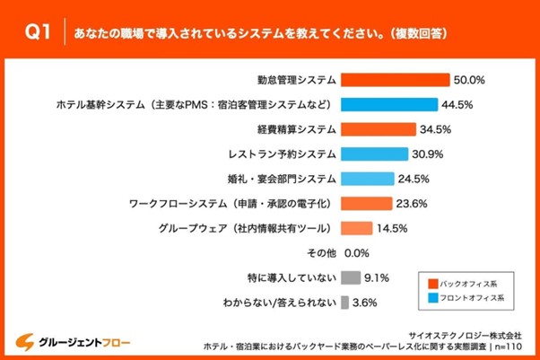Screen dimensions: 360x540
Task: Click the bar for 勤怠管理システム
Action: point(396,79)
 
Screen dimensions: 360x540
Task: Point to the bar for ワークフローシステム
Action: point(367,203)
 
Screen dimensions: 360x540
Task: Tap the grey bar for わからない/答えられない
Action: point(345,303)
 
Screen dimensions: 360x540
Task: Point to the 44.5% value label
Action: point(457,103)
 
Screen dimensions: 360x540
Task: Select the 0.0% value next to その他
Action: point(357,252)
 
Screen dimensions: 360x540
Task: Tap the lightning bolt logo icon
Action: point(28,341)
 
